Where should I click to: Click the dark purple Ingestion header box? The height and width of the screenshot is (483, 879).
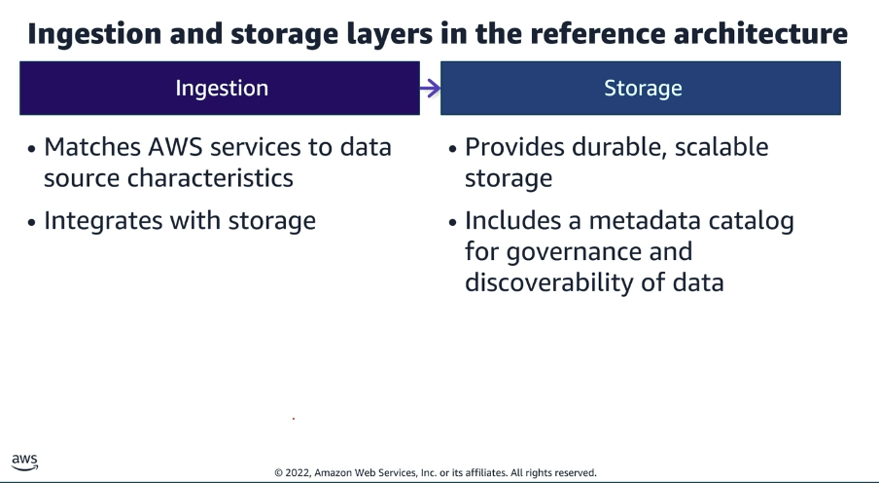click(221, 89)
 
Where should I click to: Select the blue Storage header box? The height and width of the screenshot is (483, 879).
click(642, 89)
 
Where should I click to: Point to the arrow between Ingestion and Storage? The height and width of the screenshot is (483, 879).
click(430, 89)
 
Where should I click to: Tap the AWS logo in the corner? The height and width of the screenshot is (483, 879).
click(25, 462)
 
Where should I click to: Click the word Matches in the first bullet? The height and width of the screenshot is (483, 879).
click(90, 147)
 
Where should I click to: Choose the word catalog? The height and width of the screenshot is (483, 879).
click(750, 221)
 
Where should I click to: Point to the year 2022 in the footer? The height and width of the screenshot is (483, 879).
click(299, 472)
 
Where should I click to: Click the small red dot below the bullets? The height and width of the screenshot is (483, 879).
click(294, 419)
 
